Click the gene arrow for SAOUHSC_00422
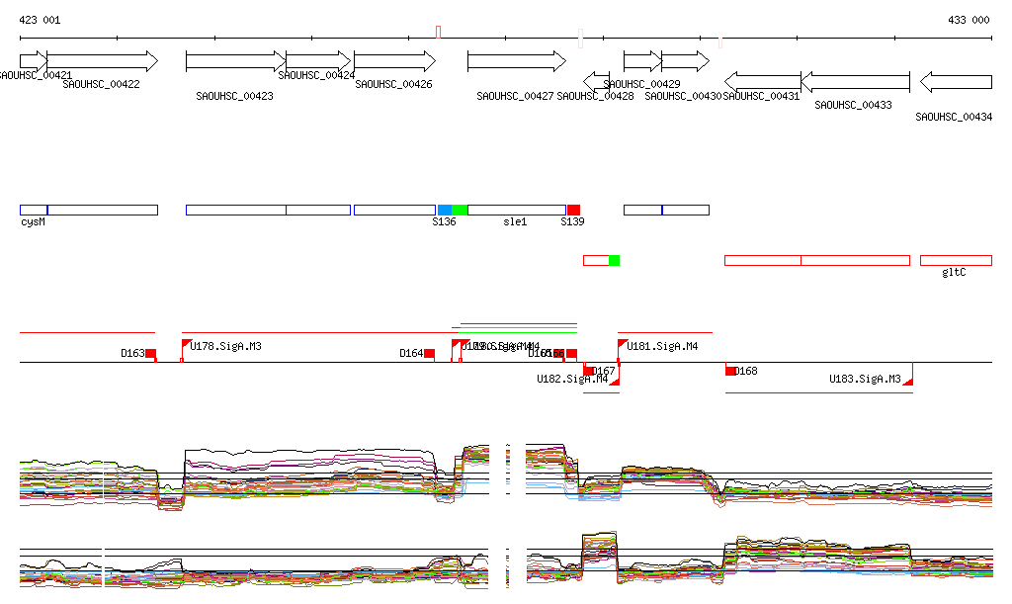point(102,60)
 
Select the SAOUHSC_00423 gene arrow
point(235,60)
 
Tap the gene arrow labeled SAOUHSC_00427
point(516,60)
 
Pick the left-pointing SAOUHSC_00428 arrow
point(596,80)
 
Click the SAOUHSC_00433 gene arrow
point(855,81)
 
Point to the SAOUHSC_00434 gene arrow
point(956,81)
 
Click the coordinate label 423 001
point(40,20)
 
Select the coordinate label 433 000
point(969,20)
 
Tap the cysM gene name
point(33,222)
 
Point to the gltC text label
point(954,272)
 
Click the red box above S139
point(573,210)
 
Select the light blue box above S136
point(445,210)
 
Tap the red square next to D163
point(150,353)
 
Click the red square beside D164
point(429,353)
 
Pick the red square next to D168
point(731,371)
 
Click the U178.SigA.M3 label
point(225,346)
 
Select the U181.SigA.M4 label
point(662,346)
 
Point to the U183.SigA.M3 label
point(865,379)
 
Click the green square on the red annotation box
point(614,260)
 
